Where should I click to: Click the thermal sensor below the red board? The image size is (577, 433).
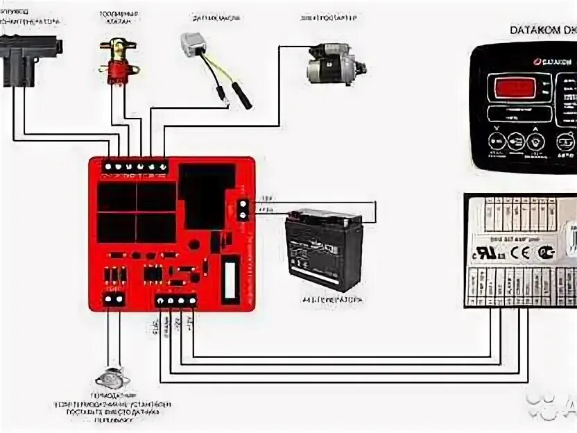point(112,379)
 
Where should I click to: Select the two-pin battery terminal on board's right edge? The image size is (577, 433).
point(243,209)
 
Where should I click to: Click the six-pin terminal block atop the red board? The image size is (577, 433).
point(135,166)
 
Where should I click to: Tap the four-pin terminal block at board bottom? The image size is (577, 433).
point(175,300)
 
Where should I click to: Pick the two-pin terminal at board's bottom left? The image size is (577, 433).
point(113,299)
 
